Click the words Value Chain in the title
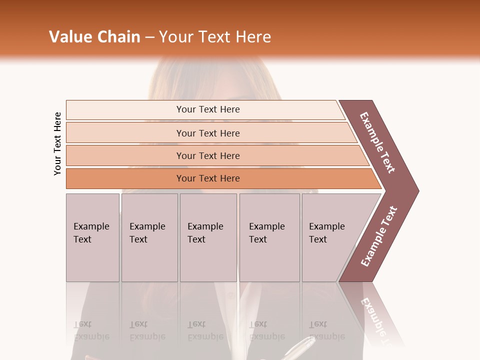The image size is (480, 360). click(94, 37)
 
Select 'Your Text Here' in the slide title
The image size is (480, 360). click(215, 37)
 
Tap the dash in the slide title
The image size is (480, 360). click(149, 37)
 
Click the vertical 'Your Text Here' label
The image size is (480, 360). click(57, 143)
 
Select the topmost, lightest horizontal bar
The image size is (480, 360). click(208, 109)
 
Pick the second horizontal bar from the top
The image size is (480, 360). click(208, 133)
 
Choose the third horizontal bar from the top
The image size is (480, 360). click(208, 155)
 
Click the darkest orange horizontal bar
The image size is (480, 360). click(208, 178)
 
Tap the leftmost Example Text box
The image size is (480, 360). click(92, 237)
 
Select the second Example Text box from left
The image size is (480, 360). click(149, 237)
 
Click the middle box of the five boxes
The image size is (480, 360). click(208, 237)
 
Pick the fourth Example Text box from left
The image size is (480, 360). click(269, 237)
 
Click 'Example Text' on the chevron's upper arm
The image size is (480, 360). click(377, 142)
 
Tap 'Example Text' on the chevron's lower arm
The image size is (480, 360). click(378, 236)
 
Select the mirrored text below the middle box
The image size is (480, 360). click(205, 330)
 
